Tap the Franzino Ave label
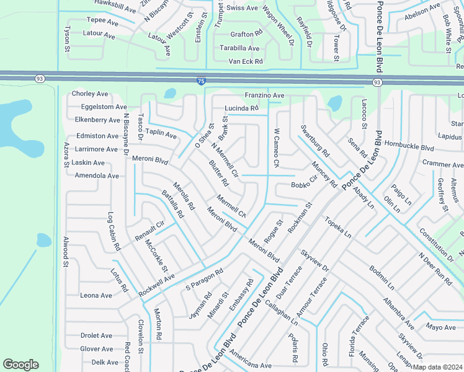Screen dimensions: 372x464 (x=264, y=95)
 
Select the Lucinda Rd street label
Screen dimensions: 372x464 (x=241, y=108)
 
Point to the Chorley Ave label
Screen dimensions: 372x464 (x=90, y=94)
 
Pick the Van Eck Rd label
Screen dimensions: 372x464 (x=246, y=61)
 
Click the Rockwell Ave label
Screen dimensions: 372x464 (x=157, y=284)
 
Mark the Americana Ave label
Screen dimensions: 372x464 (x=250, y=366)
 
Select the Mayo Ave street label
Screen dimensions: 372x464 (x=441, y=327)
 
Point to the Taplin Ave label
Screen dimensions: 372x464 (x=161, y=134)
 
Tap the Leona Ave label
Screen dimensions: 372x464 (x=96, y=296)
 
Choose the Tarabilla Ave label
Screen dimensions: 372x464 (x=239, y=48)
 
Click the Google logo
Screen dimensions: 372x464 (x=21, y=364)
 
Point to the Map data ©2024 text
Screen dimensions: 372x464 (x=436, y=367)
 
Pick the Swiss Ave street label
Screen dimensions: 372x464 (x=242, y=8)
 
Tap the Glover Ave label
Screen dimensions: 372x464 (x=96, y=349)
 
